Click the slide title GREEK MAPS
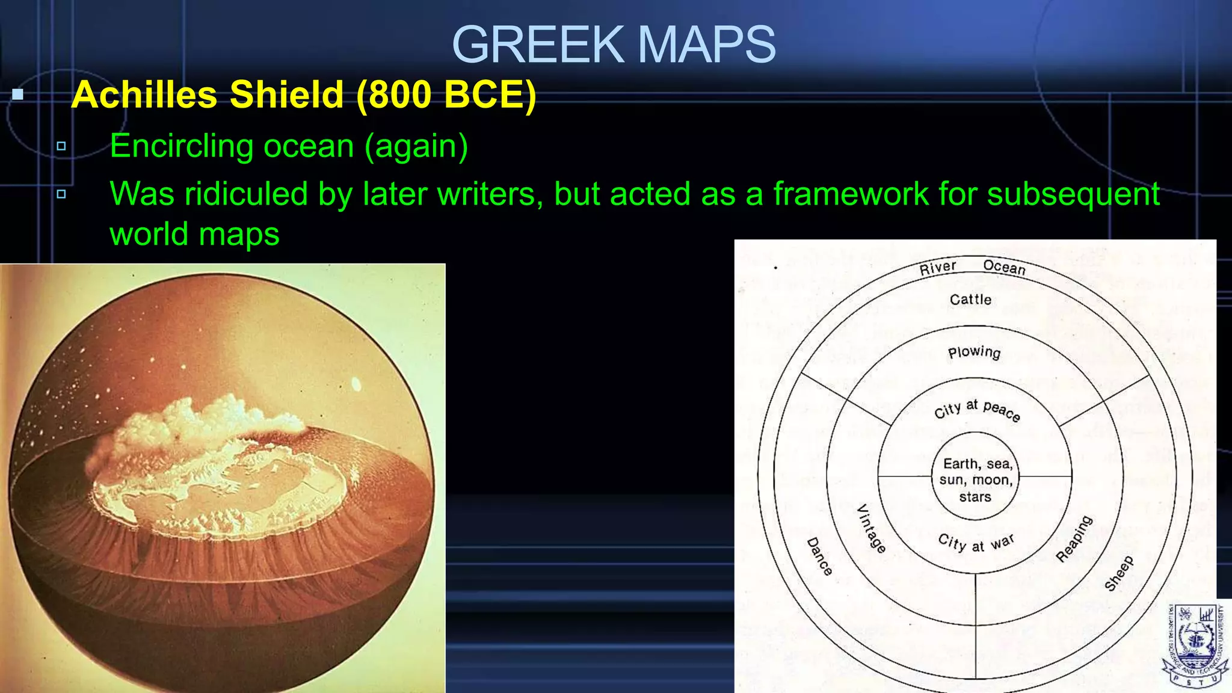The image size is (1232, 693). pos(614,45)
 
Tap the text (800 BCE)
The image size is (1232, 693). pos(446,95)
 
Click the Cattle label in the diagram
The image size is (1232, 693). pos(970,300)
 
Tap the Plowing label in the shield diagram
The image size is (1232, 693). pos(974,352)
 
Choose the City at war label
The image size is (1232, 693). pos(976,543)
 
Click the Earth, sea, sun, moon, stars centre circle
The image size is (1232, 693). pos(975,479)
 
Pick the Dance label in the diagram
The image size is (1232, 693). pos(819,556)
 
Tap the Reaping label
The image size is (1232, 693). pos(1074,538)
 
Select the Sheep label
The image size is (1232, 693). pos(1119,573)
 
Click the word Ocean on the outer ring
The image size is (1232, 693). pos(1004,267)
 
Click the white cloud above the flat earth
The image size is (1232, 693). pos(199,415)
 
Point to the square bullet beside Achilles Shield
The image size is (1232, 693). pos(18,94)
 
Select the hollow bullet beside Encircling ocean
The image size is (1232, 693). pos(61,146)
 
